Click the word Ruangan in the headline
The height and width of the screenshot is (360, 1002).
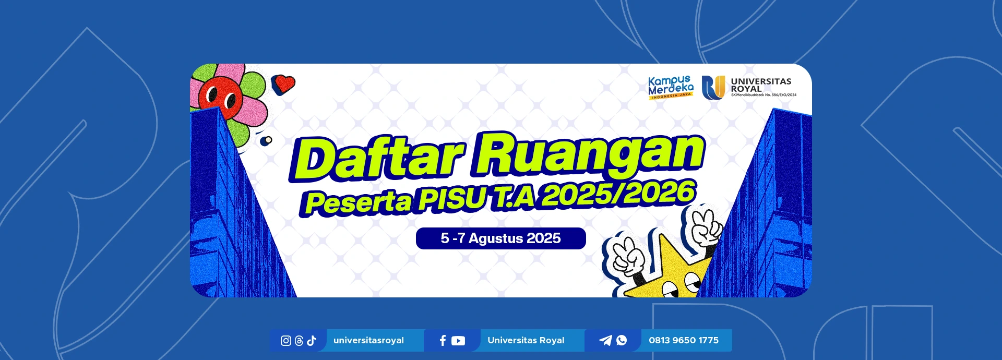[x=588, y=154]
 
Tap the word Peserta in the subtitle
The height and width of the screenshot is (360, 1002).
[x=359, y=202]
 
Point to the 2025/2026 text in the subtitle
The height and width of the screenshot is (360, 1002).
[x=618, y=193]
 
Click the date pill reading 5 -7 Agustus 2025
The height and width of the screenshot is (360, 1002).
[x=501, y=238]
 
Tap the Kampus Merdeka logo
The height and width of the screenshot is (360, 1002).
[x=671, y=87]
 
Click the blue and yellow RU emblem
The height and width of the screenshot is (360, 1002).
[x=713, y=87]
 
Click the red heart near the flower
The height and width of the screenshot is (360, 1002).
[x=284, y=84]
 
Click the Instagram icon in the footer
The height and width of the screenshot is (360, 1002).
[x=286, y=341]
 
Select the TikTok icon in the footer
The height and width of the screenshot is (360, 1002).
[x=312, y=341]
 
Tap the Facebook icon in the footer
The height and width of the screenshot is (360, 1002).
[x=443, y=341]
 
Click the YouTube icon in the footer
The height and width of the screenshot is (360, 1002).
[x=458, y=341]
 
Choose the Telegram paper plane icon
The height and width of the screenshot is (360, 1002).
[x=605, y=340]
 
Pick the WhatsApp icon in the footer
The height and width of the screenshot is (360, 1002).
[x=622, y=340]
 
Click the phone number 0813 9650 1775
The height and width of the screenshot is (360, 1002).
[x=684, y=340]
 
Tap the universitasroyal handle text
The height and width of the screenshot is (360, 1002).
[x=368, y=340]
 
